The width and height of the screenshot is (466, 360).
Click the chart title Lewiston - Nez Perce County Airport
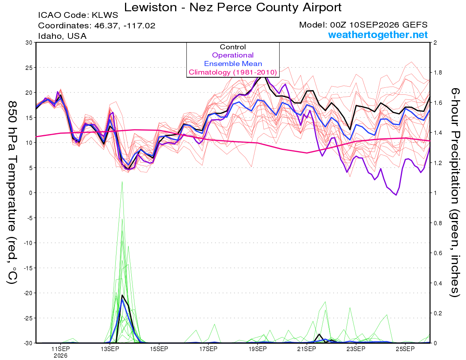coord(233,7)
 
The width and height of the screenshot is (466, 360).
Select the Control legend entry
coord(233,47)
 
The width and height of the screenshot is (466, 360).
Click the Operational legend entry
coord(233,55)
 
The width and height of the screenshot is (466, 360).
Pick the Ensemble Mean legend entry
coord(233,64)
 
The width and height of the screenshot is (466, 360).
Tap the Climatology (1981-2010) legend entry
coord(233,72)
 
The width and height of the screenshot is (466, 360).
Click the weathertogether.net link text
coord(378,35)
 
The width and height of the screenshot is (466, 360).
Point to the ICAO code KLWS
coord(105,15)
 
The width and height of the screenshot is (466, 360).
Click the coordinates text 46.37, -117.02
coord(125,26)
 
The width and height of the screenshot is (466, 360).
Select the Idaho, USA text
coord(62,36)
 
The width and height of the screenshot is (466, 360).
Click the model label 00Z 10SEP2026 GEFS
coord(379,25)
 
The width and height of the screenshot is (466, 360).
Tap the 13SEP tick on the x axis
coord(110,349)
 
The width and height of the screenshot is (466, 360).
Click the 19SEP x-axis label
coord(257,349)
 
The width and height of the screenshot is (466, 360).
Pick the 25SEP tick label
coord(405,349)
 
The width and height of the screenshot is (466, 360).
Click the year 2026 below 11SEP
coord(61,356)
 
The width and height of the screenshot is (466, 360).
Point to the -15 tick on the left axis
coord(28,268)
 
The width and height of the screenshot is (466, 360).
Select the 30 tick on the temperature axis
coord(29,43)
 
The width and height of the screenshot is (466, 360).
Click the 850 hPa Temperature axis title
coord(12,193)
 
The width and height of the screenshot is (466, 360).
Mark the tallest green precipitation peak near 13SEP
coord(122,182)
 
